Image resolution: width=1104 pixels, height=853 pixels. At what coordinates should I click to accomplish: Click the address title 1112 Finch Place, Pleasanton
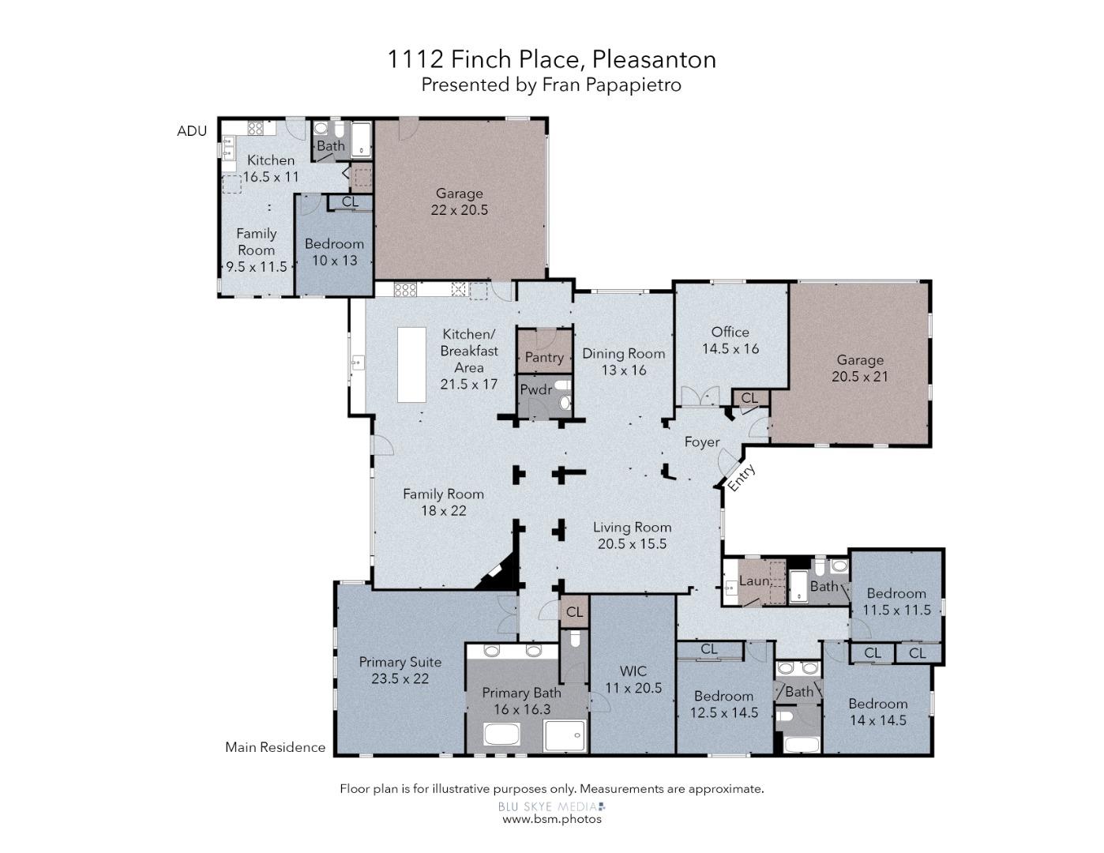pyautogui.click(x=551, y=59)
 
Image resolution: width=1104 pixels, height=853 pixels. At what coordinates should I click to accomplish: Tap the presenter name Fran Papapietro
pyautogui.click(x=610, y=85)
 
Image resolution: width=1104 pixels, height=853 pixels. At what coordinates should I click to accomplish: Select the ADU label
pyautogui.click(x=192, y=131)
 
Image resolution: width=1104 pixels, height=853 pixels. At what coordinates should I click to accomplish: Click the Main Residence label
pyautogui.click(x=275, y=747)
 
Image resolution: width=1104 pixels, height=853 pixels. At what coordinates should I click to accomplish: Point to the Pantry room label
pyautogui.click(x=544, y=358)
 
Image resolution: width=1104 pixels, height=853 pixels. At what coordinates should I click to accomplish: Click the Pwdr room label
pyautogui.click(x=535, y=389)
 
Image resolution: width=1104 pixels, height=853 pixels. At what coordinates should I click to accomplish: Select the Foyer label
pyautogui.click(x=701, y=442)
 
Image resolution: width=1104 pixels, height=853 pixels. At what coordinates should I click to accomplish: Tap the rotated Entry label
pyautogui.click(x=741, y=476)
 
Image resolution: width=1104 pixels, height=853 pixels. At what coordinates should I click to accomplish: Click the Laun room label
pyautogui.click(x=753, y=581)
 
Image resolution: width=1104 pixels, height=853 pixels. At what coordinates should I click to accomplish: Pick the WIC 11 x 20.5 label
pyautogui.click(x=633, y=679)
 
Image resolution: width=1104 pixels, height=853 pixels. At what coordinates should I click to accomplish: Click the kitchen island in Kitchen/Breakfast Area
pyautogui.click(x=411, y=365)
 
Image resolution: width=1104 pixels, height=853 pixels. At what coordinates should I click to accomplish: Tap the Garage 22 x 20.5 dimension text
pyautogui.click(x=459, y=210)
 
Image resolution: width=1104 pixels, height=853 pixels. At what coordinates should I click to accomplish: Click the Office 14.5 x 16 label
pyautogui.click(x=730, y=340)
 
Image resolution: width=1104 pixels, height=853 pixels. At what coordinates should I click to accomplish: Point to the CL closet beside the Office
pyautogui.click(x=749, y=398)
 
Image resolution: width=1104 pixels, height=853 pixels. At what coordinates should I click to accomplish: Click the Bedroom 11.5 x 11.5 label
pyautogui.click(x=896, y=602)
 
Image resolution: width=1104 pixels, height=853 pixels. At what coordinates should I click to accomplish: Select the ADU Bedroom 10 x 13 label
pyautogui.click(x=334, y=252)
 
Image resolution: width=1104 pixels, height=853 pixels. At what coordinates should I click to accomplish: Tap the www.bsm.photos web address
pyautogui.click(x=551, y=819)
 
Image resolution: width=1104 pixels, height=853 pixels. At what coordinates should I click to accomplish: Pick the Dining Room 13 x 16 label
pyautogui.click(x=623, y=362)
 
